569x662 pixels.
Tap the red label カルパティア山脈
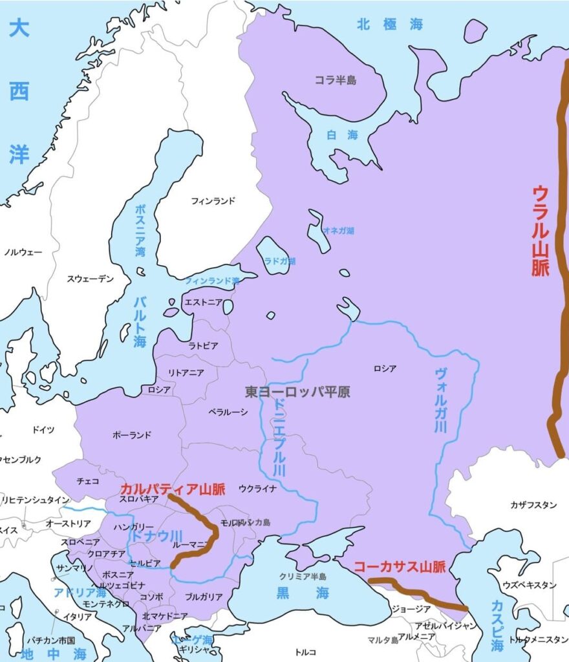click(x=173, y=489)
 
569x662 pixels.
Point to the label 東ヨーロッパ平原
click(x=297, y=392)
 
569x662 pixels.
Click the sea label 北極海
click(x=390, y=25)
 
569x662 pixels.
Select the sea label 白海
click(x=342, y=135)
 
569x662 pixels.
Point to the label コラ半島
click(x=336, y=80)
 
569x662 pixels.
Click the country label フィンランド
click(x=213, y=201)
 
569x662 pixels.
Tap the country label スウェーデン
click(x=91, y=279)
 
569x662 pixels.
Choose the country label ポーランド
click(x=131, y=435)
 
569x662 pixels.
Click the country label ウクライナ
click(x=257, y=488)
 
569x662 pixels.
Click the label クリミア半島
click(x=303, y=575)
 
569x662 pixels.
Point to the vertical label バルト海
click(x=140, y=321)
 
